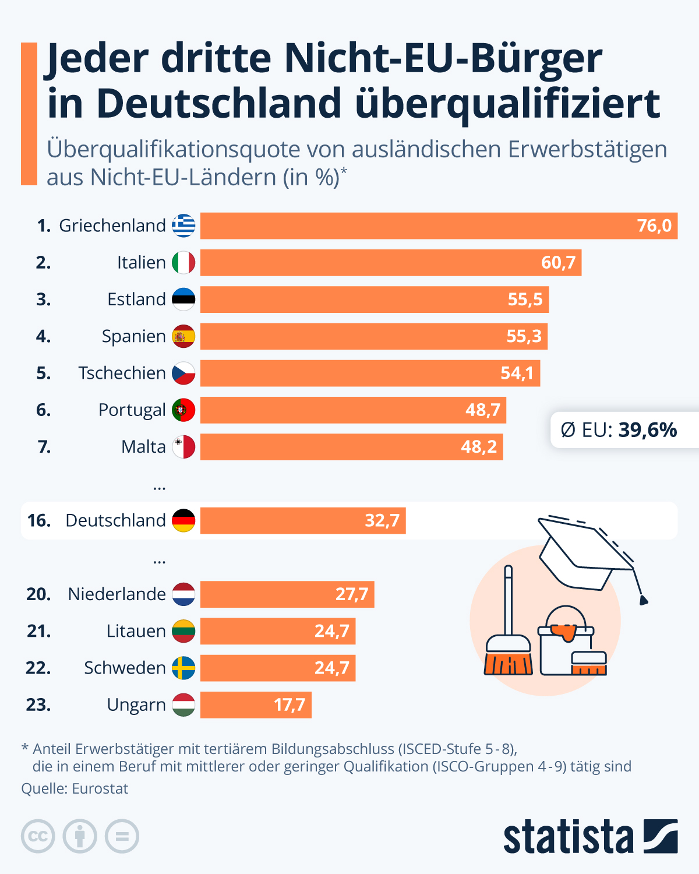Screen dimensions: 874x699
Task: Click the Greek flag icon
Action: [183, 225]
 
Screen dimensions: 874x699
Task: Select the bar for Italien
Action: [390, 263]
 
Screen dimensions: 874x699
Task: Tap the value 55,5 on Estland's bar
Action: [525, 299]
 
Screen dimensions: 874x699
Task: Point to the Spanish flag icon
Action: [183, 336]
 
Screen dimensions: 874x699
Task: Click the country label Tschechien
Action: [122, 373]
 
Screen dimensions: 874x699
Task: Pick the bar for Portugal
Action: [353, 410]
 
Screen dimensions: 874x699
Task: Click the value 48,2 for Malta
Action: [479, 447]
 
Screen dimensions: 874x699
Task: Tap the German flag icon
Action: [183, 520]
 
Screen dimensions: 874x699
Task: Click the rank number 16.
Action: [38, 520]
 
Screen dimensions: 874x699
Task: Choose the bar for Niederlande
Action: [287, 594]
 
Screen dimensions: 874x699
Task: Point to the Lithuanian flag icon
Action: [183, 631]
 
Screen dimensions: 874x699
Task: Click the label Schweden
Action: [125, 668]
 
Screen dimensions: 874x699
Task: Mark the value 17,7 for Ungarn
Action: [290, 705]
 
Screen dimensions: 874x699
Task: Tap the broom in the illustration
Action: [509, 635]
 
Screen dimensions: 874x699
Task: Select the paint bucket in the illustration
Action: [565, 641]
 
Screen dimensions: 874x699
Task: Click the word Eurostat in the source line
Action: [100, 789]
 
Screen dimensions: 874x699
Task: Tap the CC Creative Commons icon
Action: [38, 837]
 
